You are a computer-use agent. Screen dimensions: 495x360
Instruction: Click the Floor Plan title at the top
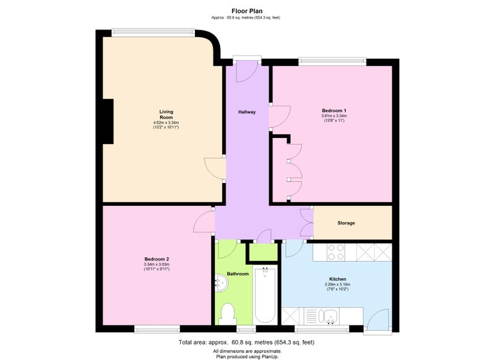247,11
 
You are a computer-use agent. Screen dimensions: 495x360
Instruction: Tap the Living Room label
166,114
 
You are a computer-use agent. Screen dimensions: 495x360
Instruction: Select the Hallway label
247,112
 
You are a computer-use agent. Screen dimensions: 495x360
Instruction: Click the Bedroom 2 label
157,259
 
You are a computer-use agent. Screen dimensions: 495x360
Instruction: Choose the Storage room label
346,223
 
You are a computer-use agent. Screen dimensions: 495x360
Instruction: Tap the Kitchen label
337,279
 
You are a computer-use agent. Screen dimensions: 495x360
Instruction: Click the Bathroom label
238,273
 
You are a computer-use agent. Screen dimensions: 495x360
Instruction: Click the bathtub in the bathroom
265,294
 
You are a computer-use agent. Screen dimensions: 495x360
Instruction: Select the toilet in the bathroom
227,314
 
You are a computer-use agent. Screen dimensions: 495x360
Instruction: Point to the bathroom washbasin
222,283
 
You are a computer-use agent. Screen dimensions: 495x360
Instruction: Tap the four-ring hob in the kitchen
335,252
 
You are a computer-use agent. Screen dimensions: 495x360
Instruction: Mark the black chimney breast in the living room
108,121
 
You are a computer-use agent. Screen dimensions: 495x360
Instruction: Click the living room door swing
215,168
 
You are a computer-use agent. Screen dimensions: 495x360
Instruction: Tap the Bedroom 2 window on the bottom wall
157,329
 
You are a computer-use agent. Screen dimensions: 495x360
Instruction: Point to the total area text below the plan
246,342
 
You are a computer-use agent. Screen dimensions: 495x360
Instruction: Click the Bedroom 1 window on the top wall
332,61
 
